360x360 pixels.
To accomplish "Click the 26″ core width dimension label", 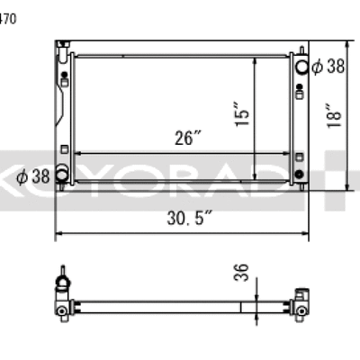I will (188, 139).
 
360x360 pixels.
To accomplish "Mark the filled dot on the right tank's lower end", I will (300, 173).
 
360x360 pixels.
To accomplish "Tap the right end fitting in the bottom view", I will (301, 308).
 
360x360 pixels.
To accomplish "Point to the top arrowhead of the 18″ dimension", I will (349, 44).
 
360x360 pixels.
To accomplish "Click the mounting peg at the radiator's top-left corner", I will (60, 45).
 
